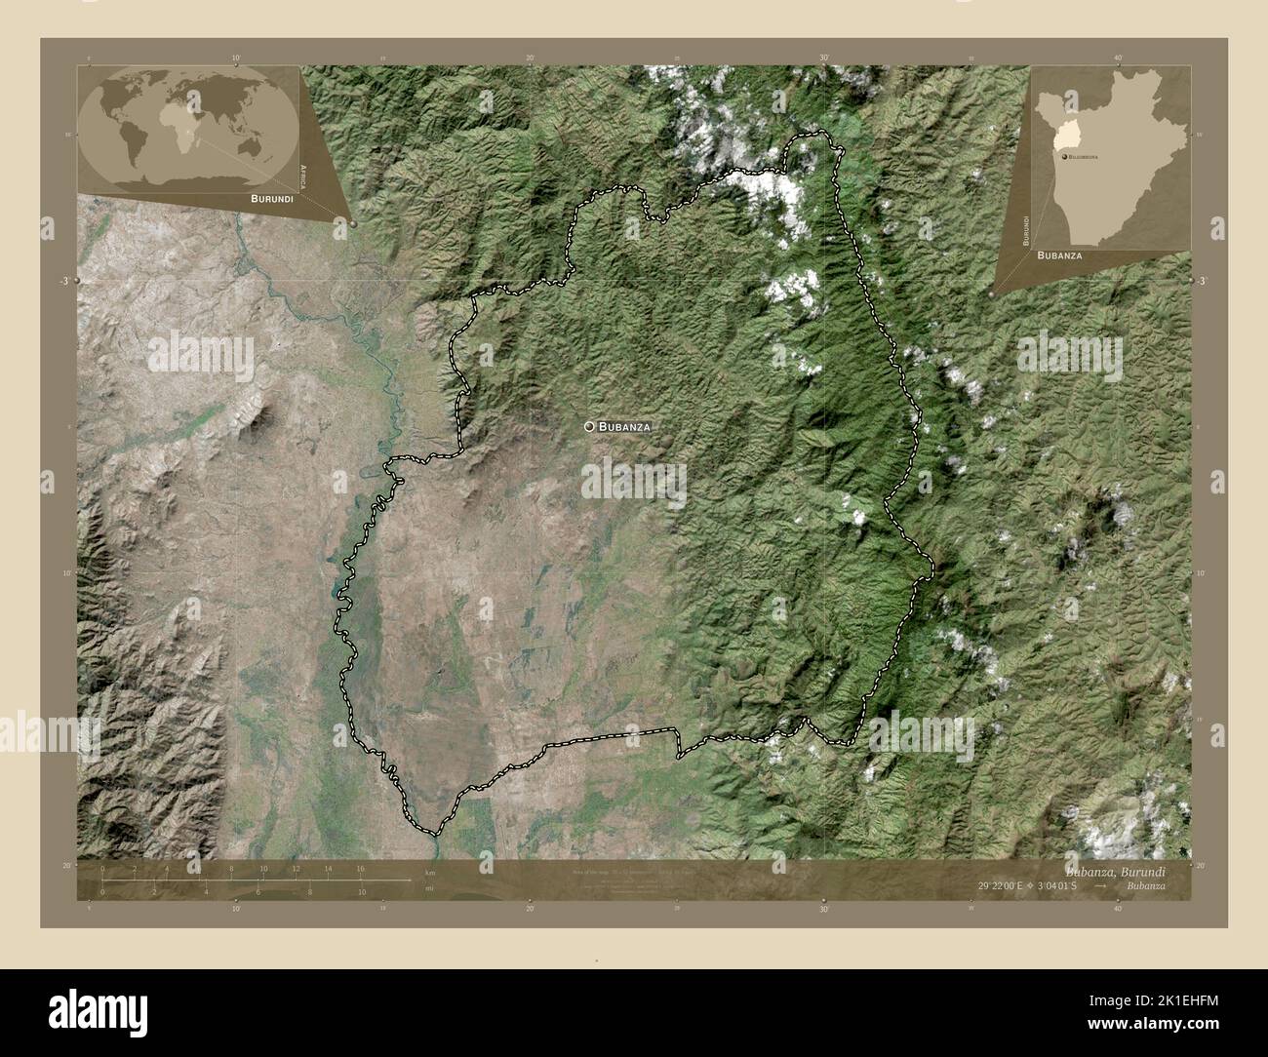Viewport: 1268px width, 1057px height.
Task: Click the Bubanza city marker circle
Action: (x=590, y=426)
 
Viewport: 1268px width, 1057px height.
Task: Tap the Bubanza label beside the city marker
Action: (x=624, y=427)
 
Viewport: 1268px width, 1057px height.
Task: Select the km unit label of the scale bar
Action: (x=429, y=872)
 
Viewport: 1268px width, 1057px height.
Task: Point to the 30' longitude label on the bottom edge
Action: (x=824, y=909)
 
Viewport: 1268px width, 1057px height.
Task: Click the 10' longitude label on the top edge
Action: (x=236, y=58)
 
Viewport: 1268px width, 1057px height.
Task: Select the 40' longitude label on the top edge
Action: (x=1118, y=58)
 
